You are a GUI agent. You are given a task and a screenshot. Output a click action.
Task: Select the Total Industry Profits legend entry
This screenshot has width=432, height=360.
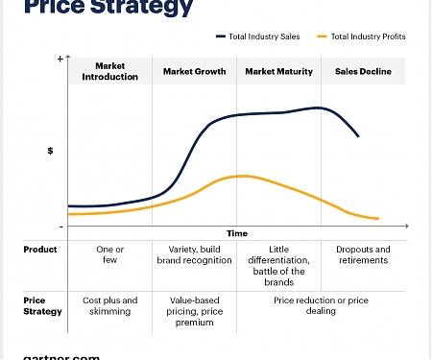[366, 36]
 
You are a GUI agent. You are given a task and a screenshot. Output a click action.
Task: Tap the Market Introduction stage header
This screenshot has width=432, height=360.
[110, 71]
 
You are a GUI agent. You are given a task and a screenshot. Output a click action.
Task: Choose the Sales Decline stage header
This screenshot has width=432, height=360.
[363, 71]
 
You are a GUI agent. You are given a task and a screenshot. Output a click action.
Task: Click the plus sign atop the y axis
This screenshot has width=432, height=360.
[60, 60]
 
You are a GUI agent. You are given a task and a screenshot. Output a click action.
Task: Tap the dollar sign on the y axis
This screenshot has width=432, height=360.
[50, 151]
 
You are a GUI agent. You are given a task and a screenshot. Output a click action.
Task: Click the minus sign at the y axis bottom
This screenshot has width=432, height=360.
[60, 227]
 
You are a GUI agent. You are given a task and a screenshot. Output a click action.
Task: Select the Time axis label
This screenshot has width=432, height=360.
[237, 233]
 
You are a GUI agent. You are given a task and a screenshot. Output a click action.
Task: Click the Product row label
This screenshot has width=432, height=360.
[40, 250]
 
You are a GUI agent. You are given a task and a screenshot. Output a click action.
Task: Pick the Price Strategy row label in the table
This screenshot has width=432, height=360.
[42, 305]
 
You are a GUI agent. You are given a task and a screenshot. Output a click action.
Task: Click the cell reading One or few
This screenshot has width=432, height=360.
[110, 254]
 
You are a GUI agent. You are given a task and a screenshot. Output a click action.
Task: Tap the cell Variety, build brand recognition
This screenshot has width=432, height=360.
[195, 254]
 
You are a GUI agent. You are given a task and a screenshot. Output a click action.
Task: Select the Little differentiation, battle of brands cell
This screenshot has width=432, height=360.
[278, 265]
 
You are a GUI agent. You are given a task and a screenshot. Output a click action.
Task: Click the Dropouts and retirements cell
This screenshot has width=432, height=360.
[363, 254]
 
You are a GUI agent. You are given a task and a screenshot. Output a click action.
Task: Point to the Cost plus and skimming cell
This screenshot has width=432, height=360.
[110, 305]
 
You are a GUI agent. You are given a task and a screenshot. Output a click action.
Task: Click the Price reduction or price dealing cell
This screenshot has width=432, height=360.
[321, 305]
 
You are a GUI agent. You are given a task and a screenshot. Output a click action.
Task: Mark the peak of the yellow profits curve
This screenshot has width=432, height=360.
[241, 176]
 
